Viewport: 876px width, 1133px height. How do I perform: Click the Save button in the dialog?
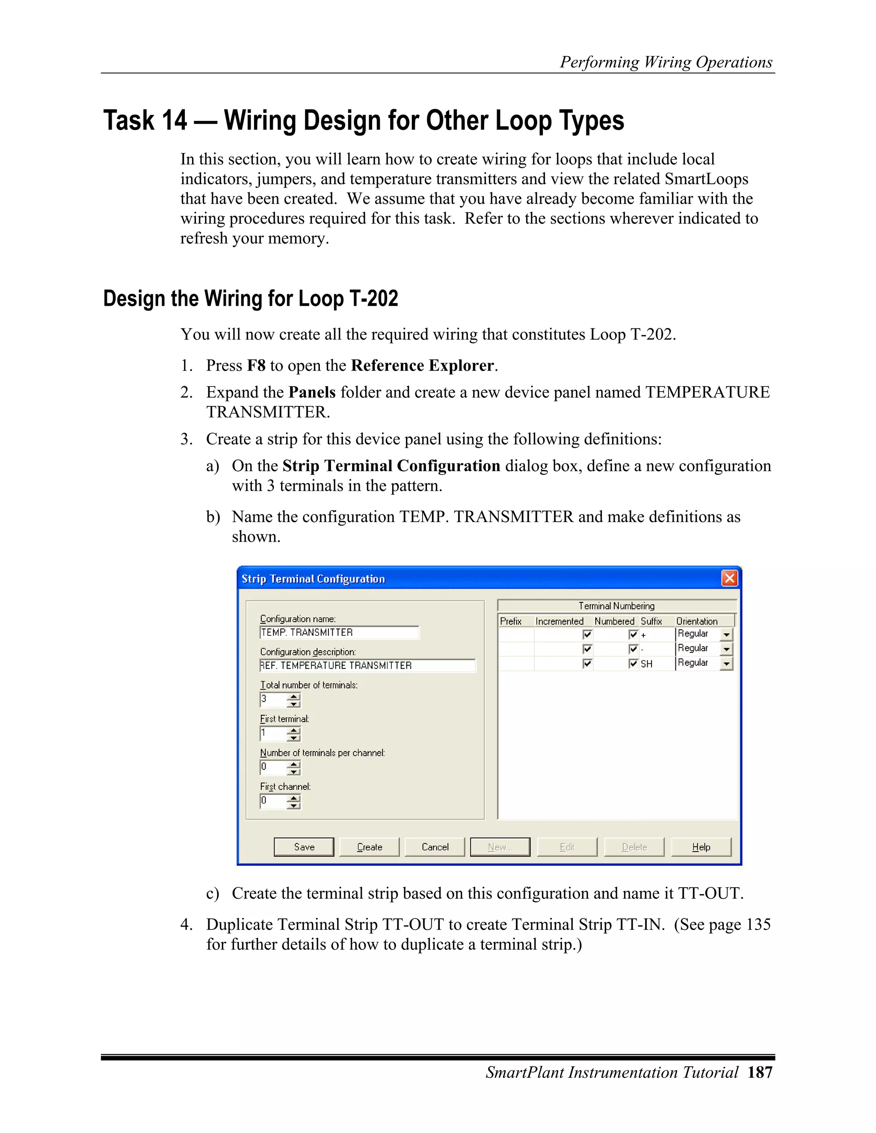click(x=304, y=847)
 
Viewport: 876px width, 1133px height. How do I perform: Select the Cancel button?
click(x=435, y=847)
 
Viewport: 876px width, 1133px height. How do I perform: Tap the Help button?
click(x=701, y=847)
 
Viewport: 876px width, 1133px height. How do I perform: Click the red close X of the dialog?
click(x=729, y=578)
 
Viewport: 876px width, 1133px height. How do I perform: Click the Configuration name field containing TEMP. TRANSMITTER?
click(x=338, y=632)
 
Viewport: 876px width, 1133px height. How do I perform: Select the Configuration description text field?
click(x=367, y=666)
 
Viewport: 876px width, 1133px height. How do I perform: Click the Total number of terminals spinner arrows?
click(x=294, y=700)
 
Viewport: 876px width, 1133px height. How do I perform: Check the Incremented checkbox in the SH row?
click(x=587, y=664)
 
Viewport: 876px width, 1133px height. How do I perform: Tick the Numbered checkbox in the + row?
click(x=633, y=634)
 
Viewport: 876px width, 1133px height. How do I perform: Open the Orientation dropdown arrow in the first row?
click(x=726, y=634)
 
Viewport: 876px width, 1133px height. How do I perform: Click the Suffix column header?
click(x=651, y=621)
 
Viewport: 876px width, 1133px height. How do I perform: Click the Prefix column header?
click(x=511, y=621)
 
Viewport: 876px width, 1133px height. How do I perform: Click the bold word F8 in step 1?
click(x=256, y=366)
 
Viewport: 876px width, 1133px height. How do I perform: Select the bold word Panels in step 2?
click(x=312, y=392)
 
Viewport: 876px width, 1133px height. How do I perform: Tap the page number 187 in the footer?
click(x=760, y=1072)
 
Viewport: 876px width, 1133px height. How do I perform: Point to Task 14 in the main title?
click(x=145, y=121)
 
